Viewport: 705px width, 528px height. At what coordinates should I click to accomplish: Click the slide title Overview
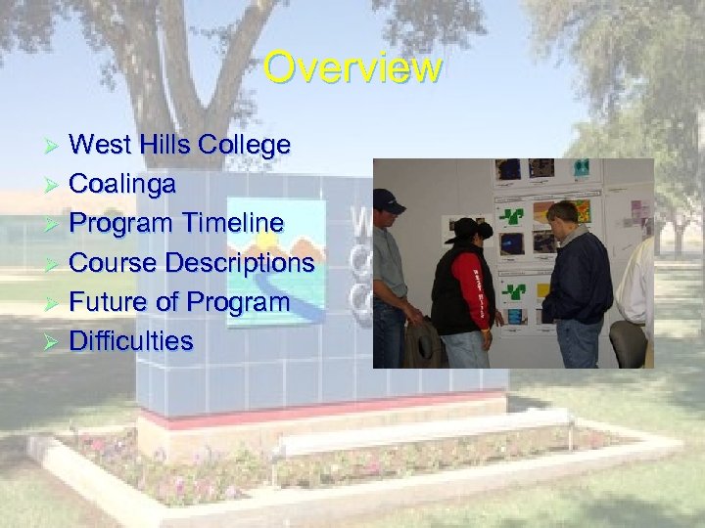click(x=352, y=68)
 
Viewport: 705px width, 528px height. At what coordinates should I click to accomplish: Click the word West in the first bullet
click(x=101, y=146)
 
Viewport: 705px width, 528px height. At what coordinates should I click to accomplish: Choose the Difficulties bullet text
click(x=131, y=341)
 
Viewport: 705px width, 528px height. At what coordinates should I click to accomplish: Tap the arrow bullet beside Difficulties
click(x=54, y=342)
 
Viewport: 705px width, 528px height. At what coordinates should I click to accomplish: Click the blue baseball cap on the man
click(x=389, y=200)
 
